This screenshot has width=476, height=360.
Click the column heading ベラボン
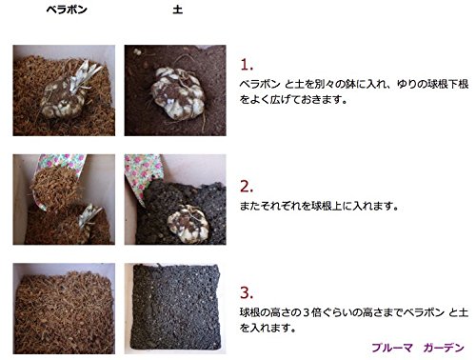point(67,10)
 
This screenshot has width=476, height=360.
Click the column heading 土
point(177,10)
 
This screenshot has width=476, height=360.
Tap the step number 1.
point(247,65)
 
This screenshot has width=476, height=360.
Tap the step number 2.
point(247,187)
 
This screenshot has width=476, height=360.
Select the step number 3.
point(247,292)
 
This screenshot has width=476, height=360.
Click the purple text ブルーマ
point(392,348)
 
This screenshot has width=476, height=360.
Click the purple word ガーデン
point(444,348)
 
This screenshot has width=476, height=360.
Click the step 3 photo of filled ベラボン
point(64,309)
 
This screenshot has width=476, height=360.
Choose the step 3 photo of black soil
point(175,309)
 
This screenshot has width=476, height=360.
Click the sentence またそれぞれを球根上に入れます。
point(319,207)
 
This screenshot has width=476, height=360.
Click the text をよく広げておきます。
point(293,100)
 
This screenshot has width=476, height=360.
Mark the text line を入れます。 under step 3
point(268,328)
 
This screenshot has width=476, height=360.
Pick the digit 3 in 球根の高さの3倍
point(306,312)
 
